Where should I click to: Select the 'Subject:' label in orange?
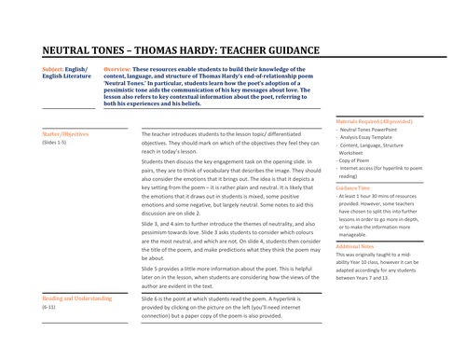click(x=55, y=69)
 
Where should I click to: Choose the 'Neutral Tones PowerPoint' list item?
click(x=374, y=131)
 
